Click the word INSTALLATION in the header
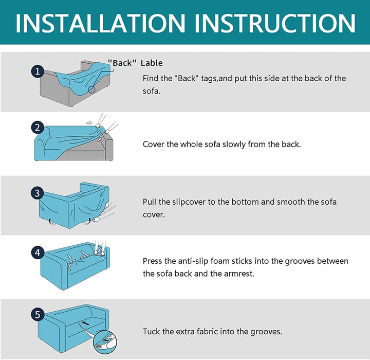(101, 23)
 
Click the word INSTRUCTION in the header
(275, 23)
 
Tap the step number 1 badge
(38, 71)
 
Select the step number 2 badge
(38, 128)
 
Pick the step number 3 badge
(38, 193)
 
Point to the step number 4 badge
(38, 253)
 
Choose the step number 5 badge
(38, 314)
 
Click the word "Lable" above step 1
(152, 63)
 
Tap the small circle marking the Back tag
(91, 89)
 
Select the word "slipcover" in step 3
(189, 202)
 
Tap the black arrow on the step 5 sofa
(85, 322)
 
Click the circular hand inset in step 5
(105, 342)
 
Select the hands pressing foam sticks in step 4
(100, 247)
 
